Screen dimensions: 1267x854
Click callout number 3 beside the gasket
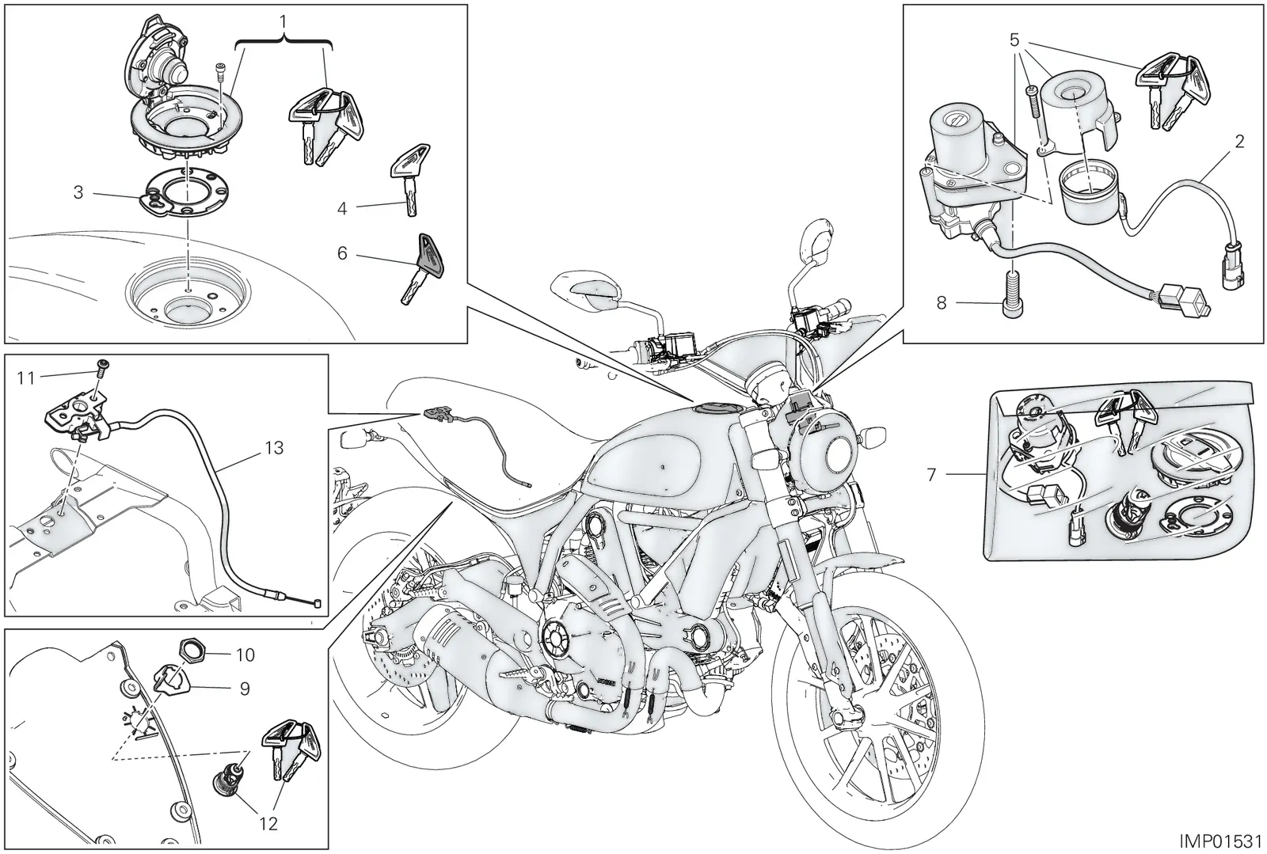click(x=78, y=193)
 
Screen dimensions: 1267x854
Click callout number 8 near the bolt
click(x=942, y=303)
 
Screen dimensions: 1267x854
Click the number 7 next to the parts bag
click(x=931, y=474)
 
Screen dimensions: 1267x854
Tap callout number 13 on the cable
click(x=274, y=448)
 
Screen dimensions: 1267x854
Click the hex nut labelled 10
click(x=192, y=649)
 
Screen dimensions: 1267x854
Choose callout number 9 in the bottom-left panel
click(x=245, y=689)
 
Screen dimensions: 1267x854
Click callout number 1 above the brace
click(x=283, y=22)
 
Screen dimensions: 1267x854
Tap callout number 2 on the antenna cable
click(x=1240, y=142)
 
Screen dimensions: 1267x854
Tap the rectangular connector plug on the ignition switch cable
click(x=1185, y=301)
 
